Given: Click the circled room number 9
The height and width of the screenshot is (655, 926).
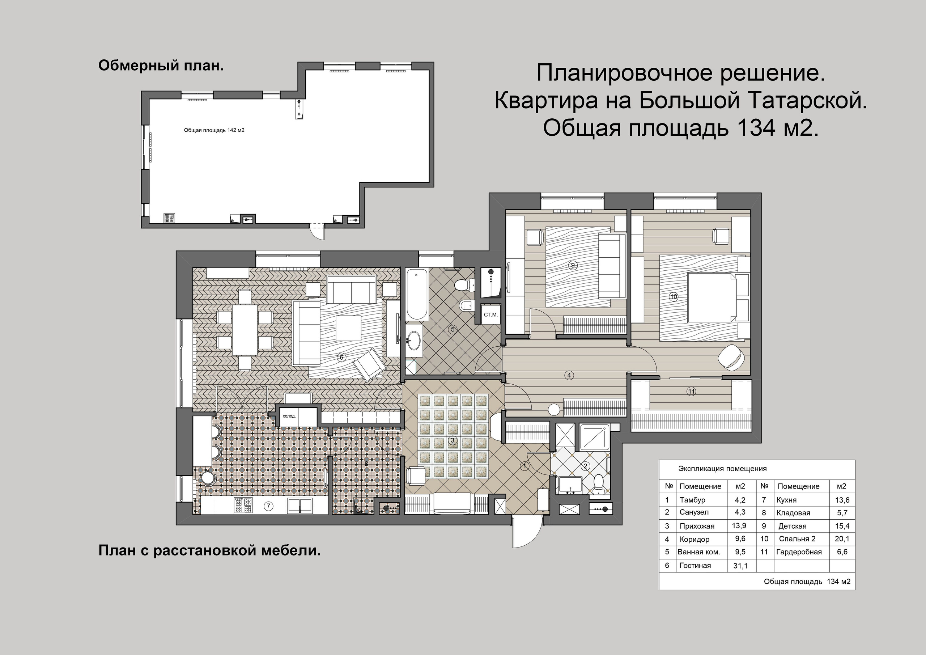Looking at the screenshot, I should point(573,265).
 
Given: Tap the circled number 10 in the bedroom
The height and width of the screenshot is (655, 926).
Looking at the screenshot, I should point(674,297).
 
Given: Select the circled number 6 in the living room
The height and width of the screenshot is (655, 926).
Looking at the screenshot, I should point(341,357).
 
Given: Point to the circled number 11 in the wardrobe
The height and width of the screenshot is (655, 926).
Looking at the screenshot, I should point(691,391).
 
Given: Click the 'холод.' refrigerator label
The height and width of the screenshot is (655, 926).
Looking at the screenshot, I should point(289,416).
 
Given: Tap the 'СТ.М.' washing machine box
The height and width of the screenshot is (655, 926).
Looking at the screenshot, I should point(491,314).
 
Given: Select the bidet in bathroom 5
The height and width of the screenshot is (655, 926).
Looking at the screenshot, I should point(465,306).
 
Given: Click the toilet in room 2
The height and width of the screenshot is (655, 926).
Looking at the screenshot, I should point(599,484).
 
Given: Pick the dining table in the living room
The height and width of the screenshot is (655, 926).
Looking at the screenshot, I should point(245,329).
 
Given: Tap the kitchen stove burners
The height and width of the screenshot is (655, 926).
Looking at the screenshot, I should point(243,505).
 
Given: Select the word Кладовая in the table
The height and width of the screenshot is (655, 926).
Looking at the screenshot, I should point(793,513).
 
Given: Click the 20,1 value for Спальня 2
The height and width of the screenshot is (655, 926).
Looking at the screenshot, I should point(842,539).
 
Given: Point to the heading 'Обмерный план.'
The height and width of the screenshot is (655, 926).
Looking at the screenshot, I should point(161,65).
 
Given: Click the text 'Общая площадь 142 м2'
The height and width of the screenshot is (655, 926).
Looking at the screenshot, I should point(214,130).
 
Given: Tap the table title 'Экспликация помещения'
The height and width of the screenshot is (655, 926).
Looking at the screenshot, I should point(722,469).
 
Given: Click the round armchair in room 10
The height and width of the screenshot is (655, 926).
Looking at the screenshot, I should point(731,357).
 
